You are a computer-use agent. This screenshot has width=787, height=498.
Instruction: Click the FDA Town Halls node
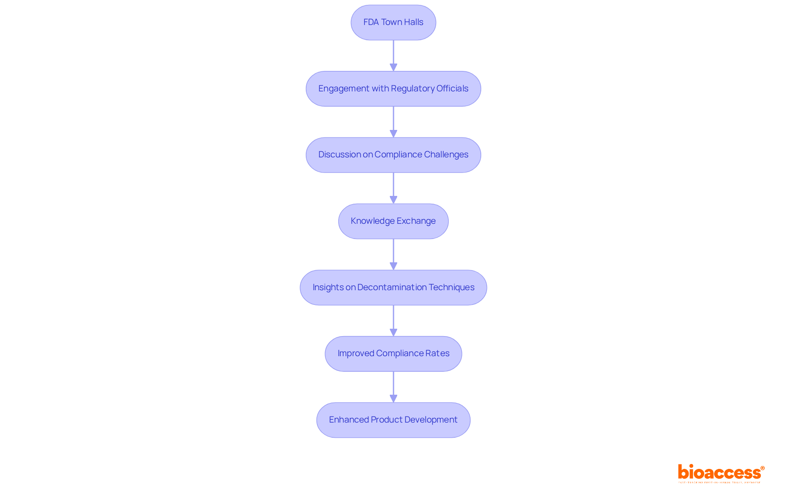pos(393,23)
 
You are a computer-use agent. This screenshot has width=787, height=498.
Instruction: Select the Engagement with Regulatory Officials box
pos(393,89)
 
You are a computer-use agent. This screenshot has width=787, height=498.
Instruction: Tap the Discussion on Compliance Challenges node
pos(393,155)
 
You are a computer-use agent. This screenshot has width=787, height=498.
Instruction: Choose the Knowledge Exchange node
pos(393,221)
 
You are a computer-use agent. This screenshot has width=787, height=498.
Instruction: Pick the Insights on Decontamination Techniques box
pos(393,287)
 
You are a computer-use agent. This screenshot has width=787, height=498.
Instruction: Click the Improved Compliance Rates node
pos(393,354)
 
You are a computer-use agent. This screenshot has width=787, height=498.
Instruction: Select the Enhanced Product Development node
pos(393,420)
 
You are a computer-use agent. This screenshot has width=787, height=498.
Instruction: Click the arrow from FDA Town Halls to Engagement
pos(393,55)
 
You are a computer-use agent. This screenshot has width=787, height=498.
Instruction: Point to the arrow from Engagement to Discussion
pos(393,122)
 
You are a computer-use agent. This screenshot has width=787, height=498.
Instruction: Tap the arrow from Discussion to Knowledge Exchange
pos(393,188)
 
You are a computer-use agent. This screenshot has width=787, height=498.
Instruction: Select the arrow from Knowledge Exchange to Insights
pos(393,254)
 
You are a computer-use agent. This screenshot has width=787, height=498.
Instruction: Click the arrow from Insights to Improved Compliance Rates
pos(393,321)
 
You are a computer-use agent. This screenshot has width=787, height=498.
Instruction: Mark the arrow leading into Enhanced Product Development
pos(393,387)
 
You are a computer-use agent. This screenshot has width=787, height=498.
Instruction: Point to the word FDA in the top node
pos(371,22)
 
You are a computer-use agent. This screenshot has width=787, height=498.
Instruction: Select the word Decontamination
pos(392,287)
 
